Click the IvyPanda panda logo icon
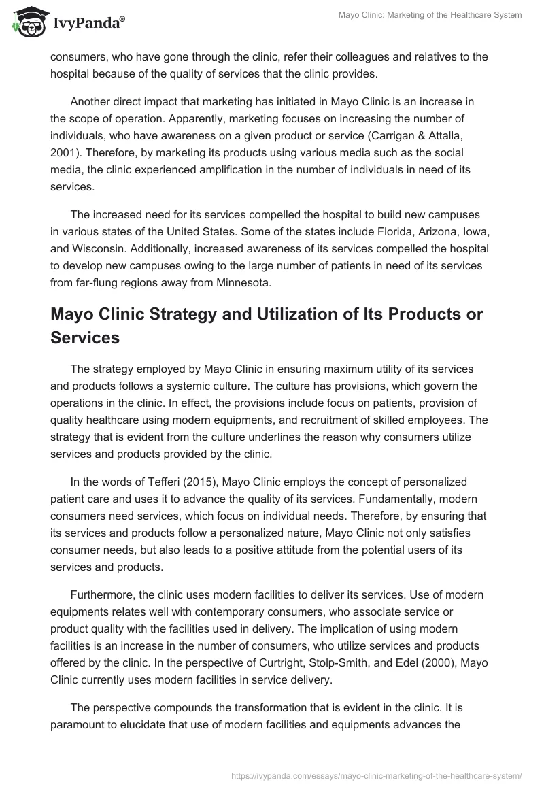(x=27, y=23)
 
